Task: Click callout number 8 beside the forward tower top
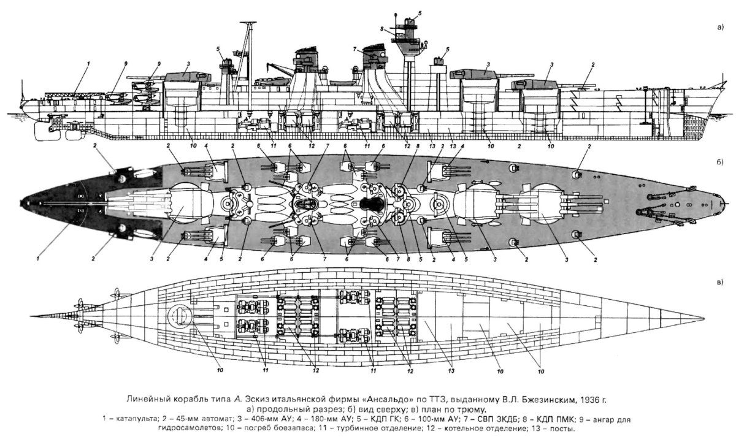pyautogui.click(x=381, y=29)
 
